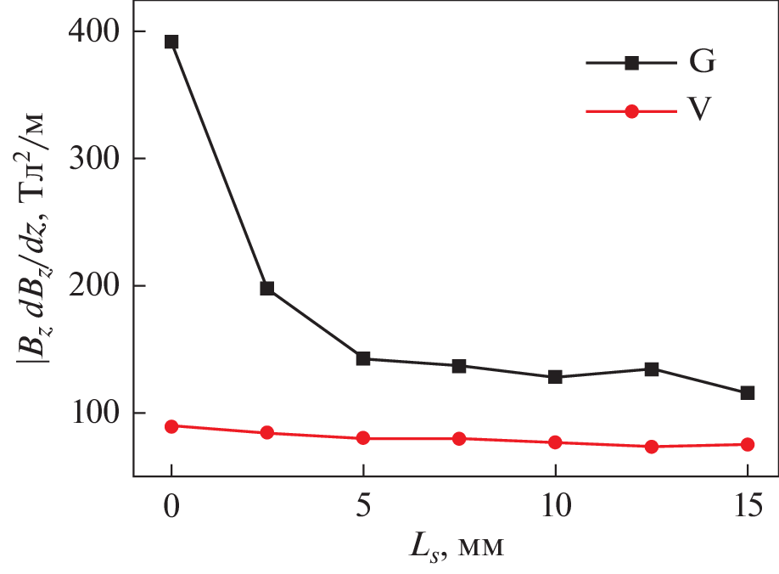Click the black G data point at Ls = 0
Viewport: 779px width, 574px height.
[171, 42]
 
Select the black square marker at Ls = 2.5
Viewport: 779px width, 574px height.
[267, 289]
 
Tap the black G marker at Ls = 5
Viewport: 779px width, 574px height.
[363, 358]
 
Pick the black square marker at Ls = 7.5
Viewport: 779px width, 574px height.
[459, 366]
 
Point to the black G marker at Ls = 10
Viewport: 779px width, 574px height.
[555, 377]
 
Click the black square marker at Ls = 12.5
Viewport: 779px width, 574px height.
[652, 369]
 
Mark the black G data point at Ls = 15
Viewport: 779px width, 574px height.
[748, 393]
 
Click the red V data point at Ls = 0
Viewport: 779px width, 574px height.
[171, 426]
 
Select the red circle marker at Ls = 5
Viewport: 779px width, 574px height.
[363, 438]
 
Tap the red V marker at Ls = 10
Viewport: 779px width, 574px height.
[555, 442]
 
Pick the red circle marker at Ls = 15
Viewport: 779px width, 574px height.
[748, 444]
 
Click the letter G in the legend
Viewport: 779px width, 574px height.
[702, 63]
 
